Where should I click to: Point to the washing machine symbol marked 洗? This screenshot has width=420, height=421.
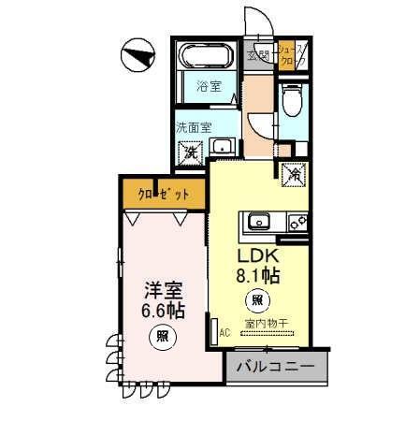coord(191,150)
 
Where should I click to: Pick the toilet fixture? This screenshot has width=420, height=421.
coord(291,95)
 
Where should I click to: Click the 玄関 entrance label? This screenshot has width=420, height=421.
coord(257,55)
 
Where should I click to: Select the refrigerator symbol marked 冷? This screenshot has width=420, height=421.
coord(294,174)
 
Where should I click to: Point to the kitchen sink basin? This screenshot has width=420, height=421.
coord(257,222)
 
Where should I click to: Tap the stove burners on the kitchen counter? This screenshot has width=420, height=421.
coord(297,222)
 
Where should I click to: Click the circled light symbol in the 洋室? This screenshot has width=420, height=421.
coord(162,337)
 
